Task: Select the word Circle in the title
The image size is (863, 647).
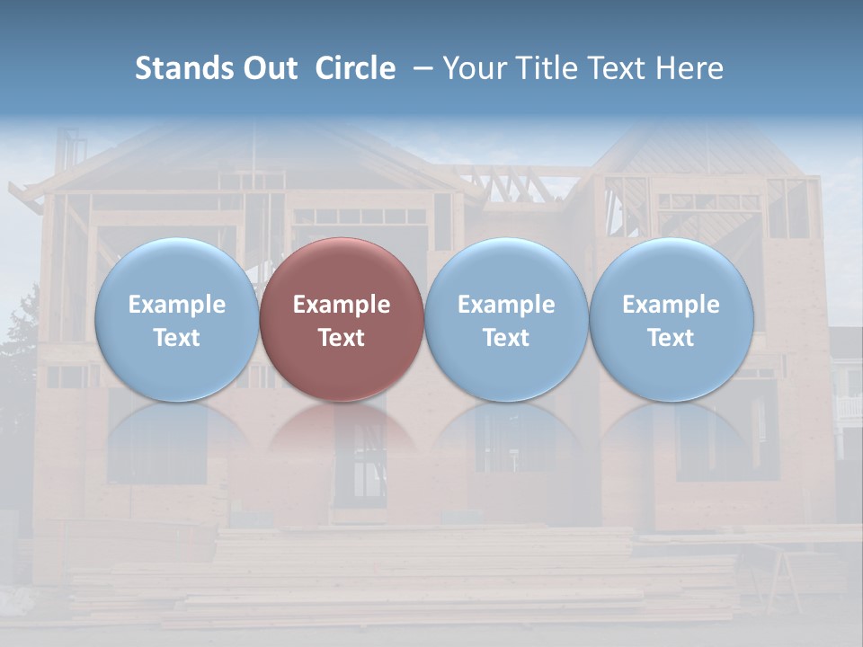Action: point(355,68)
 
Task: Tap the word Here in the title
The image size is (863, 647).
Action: point(691,68)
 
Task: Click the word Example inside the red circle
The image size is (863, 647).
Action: point(342,305)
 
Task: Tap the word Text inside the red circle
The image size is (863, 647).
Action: point(342,338)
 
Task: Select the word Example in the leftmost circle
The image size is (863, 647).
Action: point(176,305)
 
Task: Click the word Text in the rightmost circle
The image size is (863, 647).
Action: point(672,338)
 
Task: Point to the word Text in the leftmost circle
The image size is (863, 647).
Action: point(176,338)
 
